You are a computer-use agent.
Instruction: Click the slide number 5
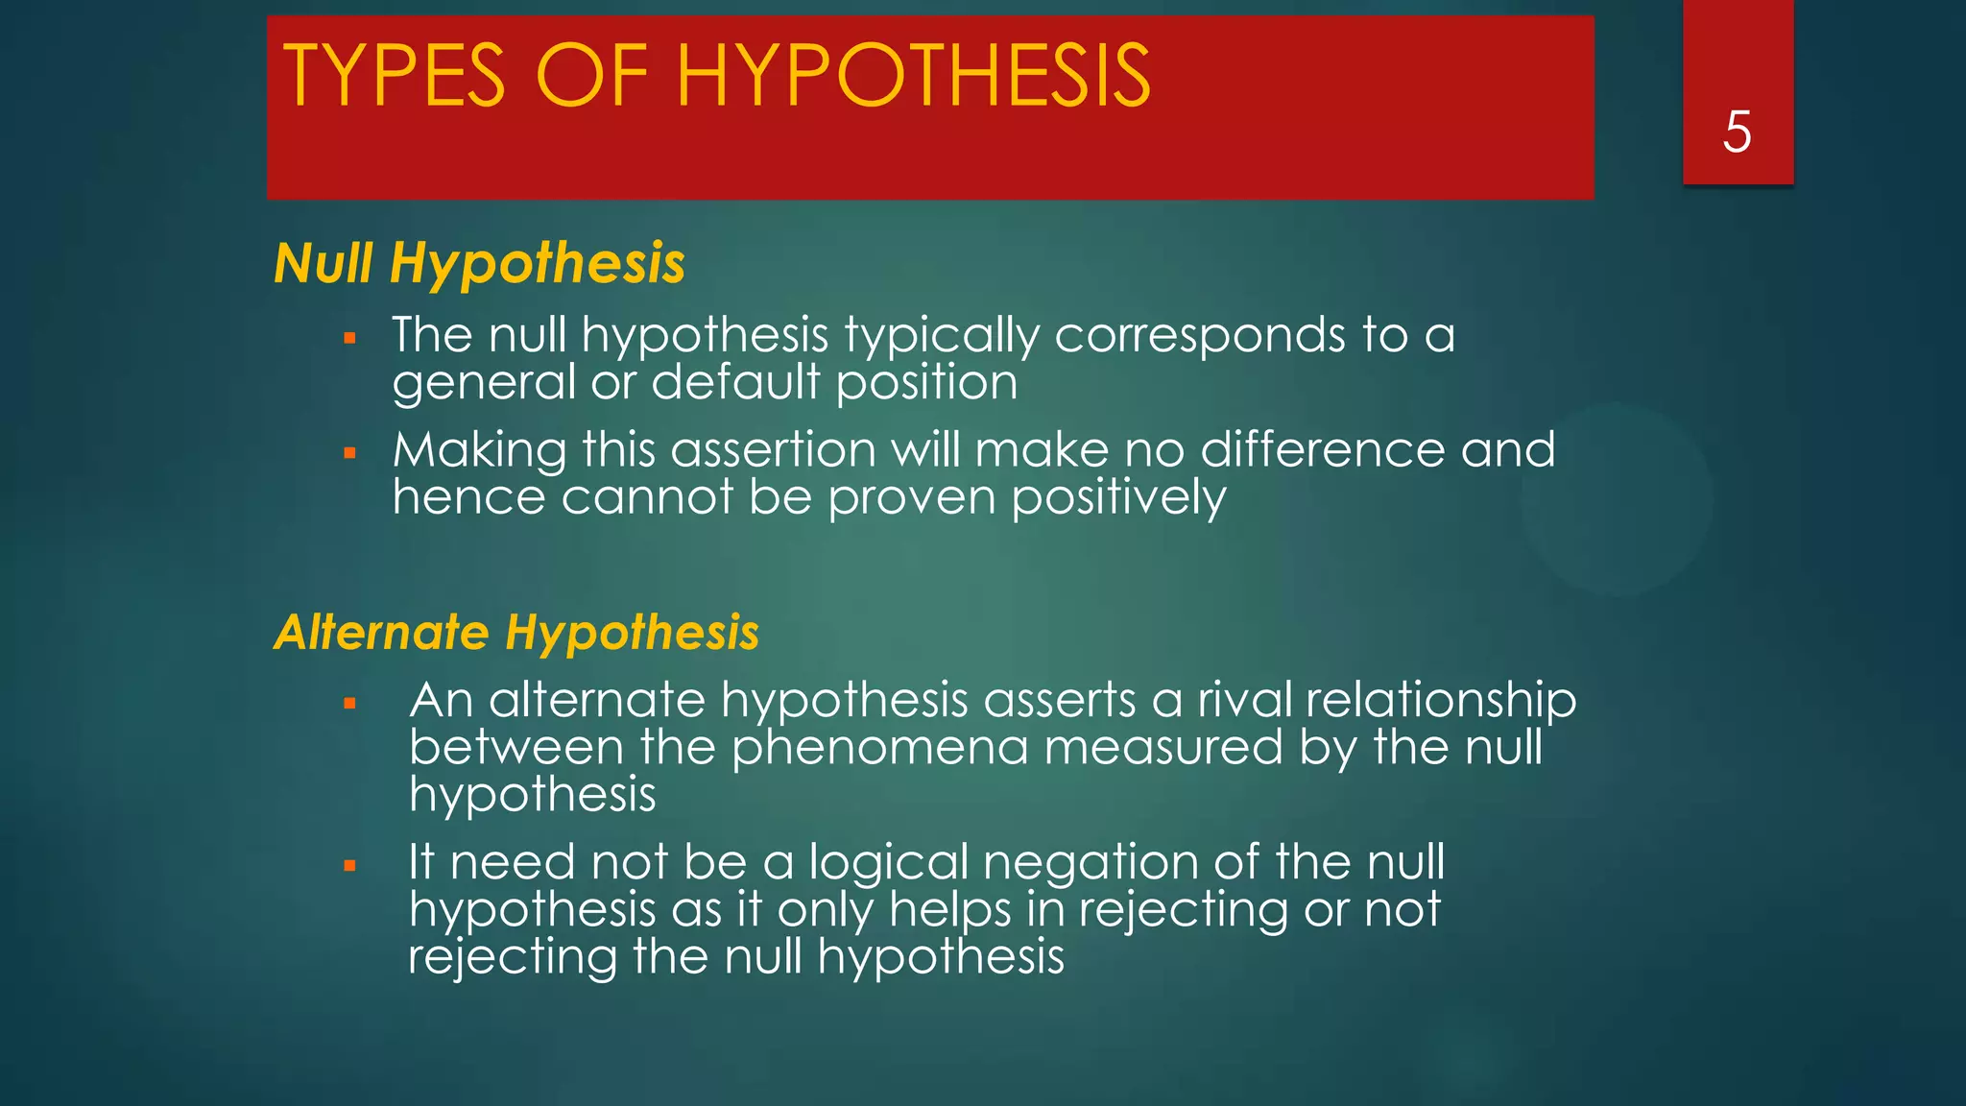point(1737,132)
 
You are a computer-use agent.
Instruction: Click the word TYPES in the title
point(394,76)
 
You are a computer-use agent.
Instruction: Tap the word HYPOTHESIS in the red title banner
point(913,76)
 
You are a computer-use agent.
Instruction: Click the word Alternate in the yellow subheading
point(381,633)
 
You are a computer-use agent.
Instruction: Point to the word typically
point(942,336)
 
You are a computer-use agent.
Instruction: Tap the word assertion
point(773,450)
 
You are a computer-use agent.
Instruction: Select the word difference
point(1322,450)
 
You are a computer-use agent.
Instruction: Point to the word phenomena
point(879,748)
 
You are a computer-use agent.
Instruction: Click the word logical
point(889,863)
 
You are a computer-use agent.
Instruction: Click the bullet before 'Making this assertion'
point(349,452)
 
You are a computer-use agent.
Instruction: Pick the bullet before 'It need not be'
point(349,866)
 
